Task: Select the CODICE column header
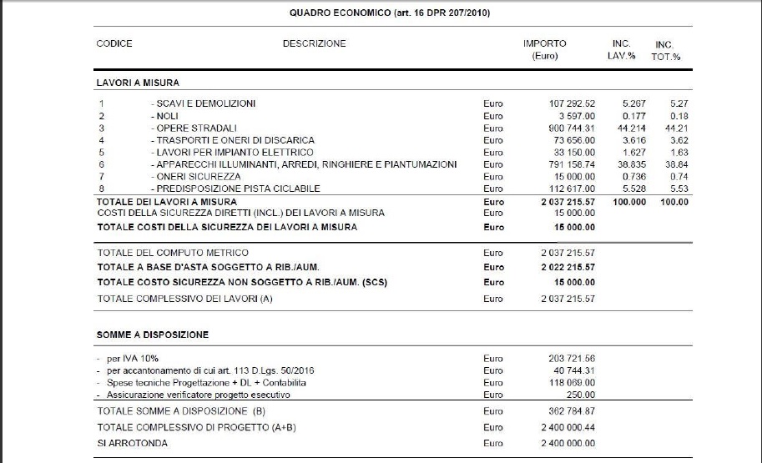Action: click(x=114, y=43)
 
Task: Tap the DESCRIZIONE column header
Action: click(x=314, y=43)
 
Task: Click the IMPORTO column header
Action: click(x=544, y=43)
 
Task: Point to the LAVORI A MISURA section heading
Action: click(x=138, y=83)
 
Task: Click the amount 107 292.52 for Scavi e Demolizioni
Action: click(x=568, y=103)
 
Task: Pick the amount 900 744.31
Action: click(x=568, y=128)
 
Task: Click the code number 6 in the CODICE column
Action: click(x=100, y=164)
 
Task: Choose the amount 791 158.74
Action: click(x=568, y=164)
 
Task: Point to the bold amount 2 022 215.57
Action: click(x=568, y=267)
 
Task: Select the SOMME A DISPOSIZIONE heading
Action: click(x=153, y=335)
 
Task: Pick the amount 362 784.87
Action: click(x=568, y=411)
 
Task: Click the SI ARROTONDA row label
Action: click(x=132, y=443)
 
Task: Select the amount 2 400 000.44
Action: click(x=568, y=427)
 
